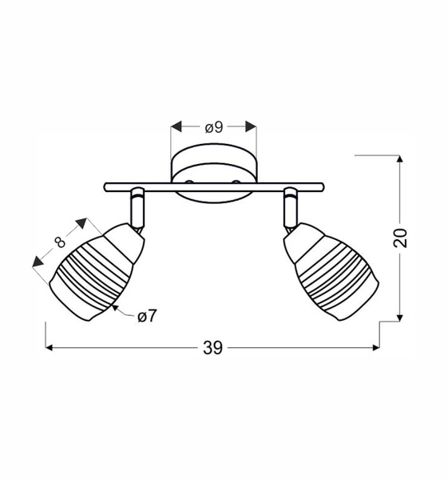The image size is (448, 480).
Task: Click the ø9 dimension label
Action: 213,126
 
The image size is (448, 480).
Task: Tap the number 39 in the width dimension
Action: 212,347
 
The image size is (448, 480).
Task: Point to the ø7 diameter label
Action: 147,316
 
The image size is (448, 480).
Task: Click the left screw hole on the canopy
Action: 189,183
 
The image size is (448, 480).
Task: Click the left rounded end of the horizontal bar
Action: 107,187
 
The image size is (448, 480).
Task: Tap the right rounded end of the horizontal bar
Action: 320,187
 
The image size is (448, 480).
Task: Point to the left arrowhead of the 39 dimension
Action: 50,347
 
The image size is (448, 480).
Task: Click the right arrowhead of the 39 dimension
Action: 375,347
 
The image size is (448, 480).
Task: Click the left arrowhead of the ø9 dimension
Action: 176,126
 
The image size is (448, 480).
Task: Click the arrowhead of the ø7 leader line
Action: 116,306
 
